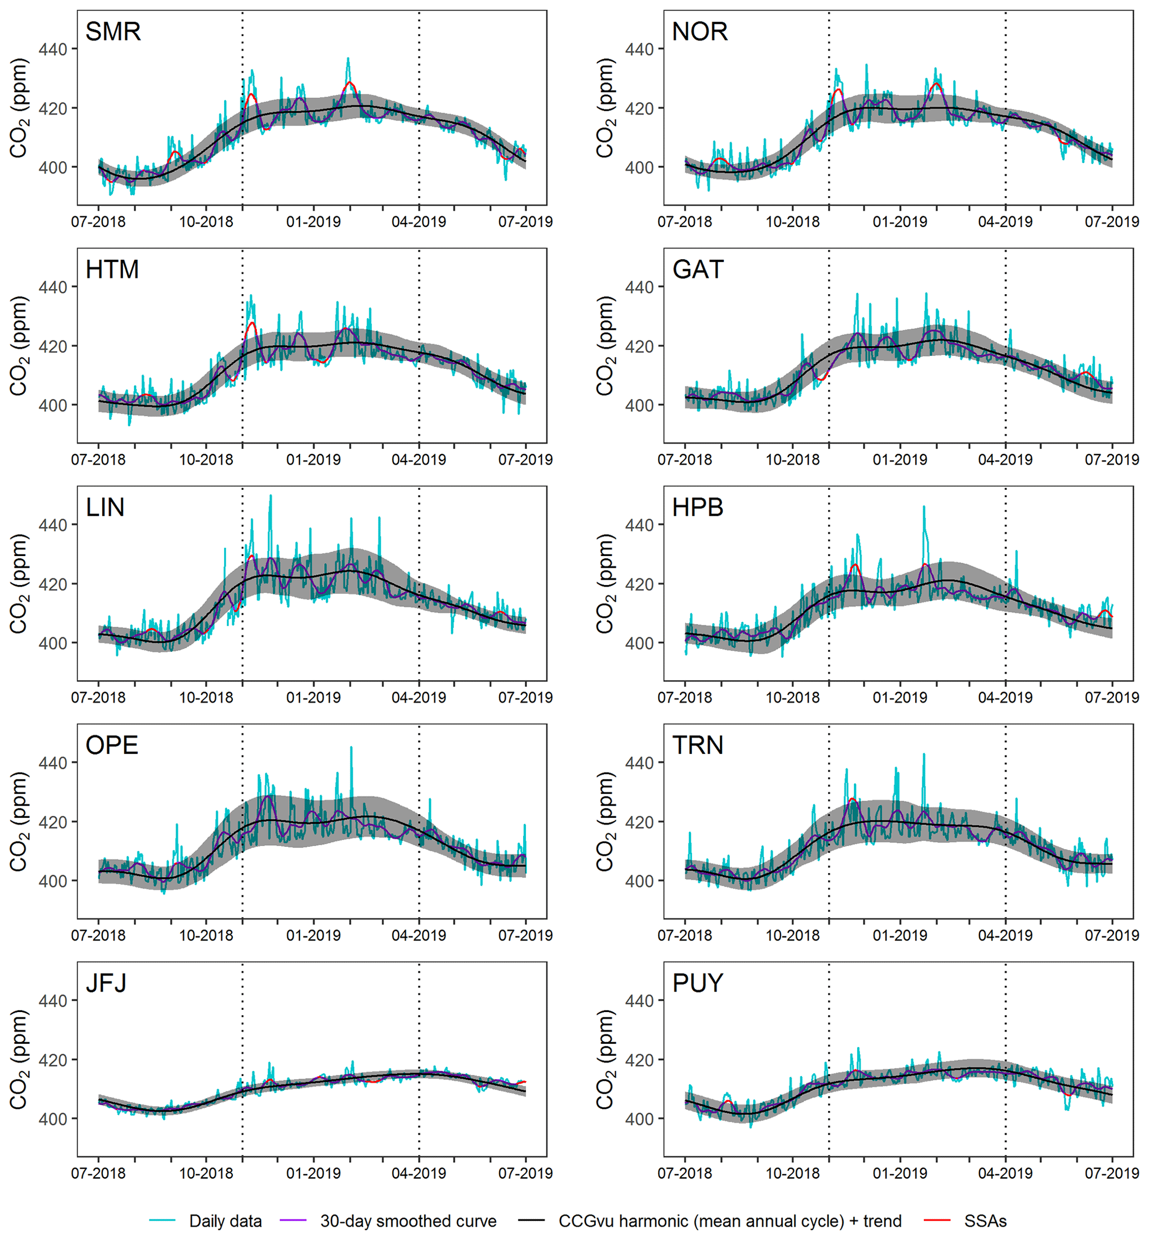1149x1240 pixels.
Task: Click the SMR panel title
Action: click(x=113, y=32)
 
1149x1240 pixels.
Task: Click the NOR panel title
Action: click(x=699, y=32)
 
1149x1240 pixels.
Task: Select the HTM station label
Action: click(x=112, y=270)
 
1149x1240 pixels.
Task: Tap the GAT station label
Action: click(x=698, y=270)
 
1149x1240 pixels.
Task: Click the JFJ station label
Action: click(x=106, y=983)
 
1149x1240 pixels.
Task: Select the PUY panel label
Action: click(x=698, y=983)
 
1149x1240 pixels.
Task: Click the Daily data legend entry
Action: click(x=225, y=1221)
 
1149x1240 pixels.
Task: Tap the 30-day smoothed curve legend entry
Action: click(x=408, y=1221)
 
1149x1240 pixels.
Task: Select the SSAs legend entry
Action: click(x=985, y=1221)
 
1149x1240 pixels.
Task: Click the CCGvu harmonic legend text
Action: click(x=730, y=1221)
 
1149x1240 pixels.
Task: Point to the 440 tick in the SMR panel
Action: click(x=53, y=49)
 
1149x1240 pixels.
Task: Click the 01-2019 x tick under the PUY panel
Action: click(x=899, y=1173)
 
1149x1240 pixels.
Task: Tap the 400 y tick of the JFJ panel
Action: click(x=53, y=1119)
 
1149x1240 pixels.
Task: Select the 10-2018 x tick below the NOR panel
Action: click(x=793, y=222)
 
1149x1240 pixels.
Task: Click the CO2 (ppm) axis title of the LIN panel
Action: click(x=19, y=583)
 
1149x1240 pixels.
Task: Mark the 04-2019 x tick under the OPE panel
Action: click(x=419, y=935)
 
